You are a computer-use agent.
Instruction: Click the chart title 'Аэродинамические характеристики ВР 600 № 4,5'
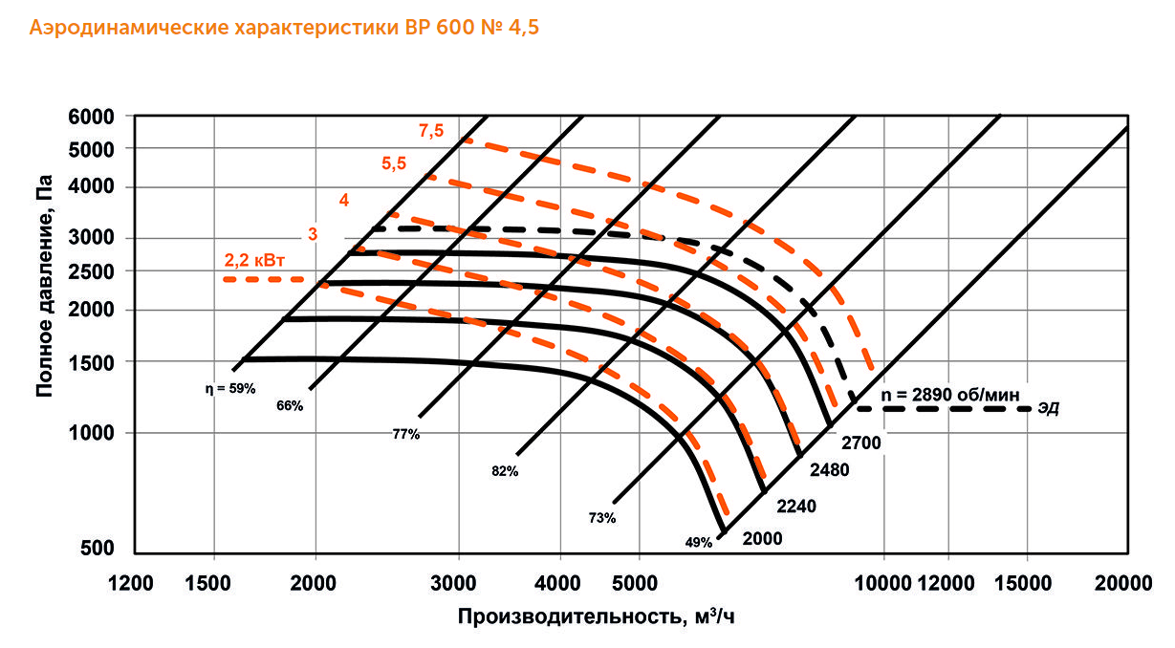point(285,28)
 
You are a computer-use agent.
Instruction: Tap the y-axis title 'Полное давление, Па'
point(42,292)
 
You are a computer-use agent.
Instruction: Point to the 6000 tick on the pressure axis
point(92,117)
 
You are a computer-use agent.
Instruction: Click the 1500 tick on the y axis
point(92,361)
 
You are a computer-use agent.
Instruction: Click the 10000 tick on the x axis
point(883,582)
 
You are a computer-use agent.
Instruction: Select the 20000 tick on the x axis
point(1121,582)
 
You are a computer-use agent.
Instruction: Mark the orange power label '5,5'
point(394,163)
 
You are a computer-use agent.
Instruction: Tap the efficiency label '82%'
point(506,471)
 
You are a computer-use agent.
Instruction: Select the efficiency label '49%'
point(698,543)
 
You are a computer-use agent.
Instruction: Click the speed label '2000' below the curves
point(763,538)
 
